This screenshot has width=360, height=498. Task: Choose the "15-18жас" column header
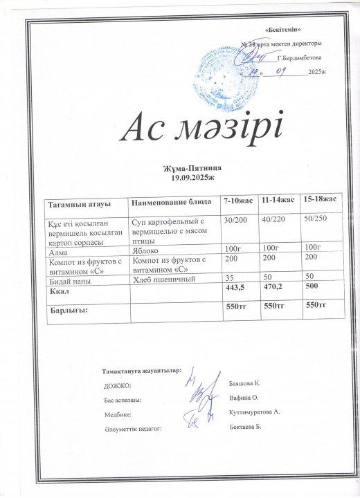pos(320,199)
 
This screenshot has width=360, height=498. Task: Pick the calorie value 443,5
pos(237,287)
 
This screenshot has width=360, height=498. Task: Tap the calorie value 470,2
pos(276,286)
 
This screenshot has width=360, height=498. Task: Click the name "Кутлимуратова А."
pos(253,412)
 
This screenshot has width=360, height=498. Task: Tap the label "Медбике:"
pos(117,415)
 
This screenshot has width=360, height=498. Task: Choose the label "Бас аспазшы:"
pos(123,400)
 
